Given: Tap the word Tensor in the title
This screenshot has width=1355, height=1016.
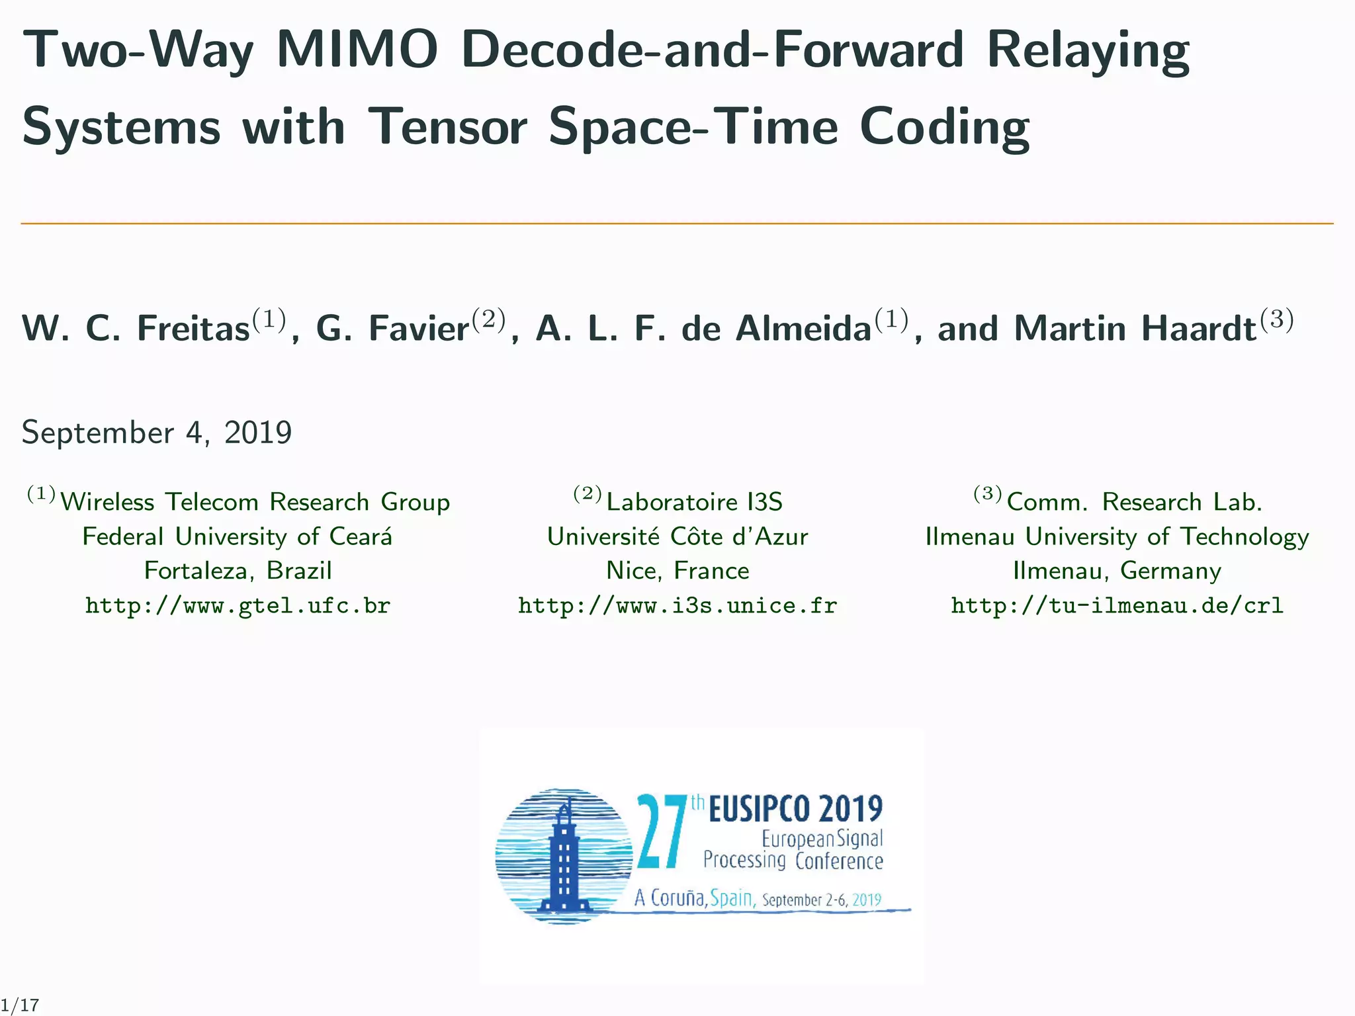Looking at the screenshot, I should point(448,126).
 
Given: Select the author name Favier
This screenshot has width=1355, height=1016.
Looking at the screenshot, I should point(419,328).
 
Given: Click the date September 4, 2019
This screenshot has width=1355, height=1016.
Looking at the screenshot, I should point(157,433).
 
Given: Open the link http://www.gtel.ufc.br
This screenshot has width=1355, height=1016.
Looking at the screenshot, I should point(238,605).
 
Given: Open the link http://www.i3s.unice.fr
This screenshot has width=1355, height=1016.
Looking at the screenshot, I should point(677,605).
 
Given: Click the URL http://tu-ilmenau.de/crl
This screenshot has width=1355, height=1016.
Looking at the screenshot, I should point(1117,605).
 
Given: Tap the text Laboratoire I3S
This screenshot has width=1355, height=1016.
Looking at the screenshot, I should point(694,502).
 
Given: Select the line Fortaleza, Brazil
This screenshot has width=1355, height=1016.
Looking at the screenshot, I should point(238,570).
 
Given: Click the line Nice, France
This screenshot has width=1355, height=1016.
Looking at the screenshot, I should point(677,570).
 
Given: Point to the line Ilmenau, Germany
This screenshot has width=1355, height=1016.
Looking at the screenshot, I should point(1117,570).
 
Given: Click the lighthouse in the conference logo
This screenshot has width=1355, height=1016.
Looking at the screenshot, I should point(564,860).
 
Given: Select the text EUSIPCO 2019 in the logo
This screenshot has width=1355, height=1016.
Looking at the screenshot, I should point(795,808).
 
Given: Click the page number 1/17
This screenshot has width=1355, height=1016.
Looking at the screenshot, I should point(20,1005).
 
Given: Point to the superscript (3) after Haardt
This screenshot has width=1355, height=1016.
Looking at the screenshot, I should point(1277,319).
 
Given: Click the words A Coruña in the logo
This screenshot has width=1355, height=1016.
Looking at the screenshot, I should point(670,898).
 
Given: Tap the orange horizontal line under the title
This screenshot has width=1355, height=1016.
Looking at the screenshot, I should point(677,224).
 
